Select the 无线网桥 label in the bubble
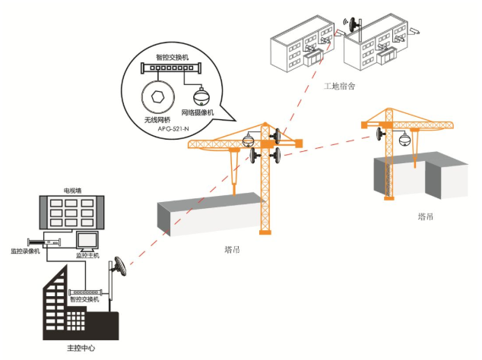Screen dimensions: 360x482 click(x=158, y=119)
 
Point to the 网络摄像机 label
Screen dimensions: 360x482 click(x=198, y=113)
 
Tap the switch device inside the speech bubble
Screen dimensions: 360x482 click(x=173, y=69)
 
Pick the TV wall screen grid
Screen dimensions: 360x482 click(x=74, y=214)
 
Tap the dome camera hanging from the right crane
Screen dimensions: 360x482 click(x=404, y=139)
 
